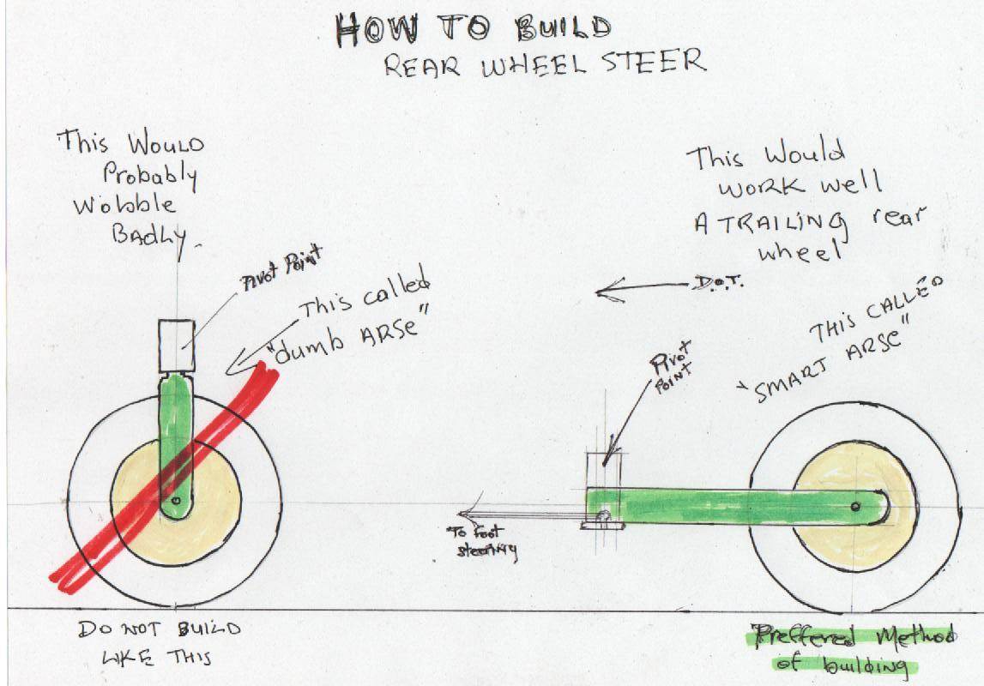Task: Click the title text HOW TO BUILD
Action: tap(474, 30)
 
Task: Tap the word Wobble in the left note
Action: tap(125, 206)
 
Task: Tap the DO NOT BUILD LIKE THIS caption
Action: tap(159, 642)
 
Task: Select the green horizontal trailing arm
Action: tap(729, 507)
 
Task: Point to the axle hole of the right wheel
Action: tap(855, 507)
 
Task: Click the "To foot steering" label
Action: tap(480, 542)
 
